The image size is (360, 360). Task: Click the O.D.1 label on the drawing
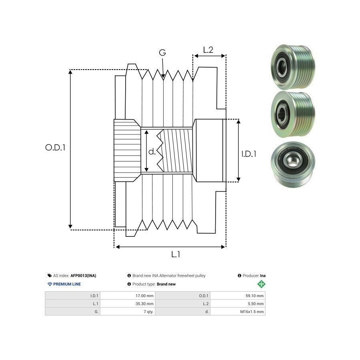click(x=55, y=147)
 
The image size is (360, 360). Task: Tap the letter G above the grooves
click(x=162, y=53)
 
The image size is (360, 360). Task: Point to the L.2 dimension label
click(x=208, y=50)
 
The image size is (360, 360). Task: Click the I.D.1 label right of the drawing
click(x=249, y=154)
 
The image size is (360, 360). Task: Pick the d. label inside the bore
click(x=152, y=152)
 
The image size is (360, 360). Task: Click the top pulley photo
click(x=293, y=67)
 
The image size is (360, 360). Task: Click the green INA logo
click(x=261, y=284)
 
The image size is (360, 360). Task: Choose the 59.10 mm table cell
click(x=254, y=296)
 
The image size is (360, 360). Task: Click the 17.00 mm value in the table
click(x=144, y=296)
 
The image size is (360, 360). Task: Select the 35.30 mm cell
click(x=144, y=304)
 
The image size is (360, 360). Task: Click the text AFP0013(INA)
click(x=83, y=276)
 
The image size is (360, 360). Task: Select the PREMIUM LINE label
click(x=67, y=284)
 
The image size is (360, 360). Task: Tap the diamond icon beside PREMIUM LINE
click(x=50, y=284)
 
